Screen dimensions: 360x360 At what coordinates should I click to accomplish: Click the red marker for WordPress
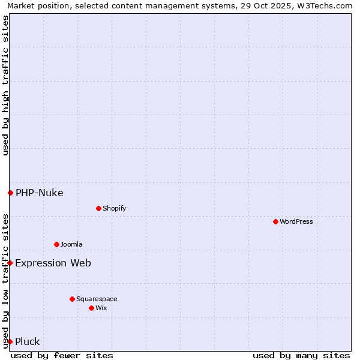click(275, 221)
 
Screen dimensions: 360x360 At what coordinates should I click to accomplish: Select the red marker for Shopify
click(98, 208)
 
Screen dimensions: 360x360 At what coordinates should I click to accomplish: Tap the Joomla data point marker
click(56, 244)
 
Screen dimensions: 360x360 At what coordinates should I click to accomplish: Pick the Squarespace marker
click(72, 299)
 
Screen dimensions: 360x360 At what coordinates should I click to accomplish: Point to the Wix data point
click(91, 308)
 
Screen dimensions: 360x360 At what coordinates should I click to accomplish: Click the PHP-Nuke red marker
click(10, 193)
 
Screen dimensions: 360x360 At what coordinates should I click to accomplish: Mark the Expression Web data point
click(10, 263)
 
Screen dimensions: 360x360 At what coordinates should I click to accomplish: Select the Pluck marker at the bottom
click(10, 341)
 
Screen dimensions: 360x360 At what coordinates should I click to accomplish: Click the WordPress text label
click(296, 221)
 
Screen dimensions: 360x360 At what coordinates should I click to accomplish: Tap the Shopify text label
click(115, 208)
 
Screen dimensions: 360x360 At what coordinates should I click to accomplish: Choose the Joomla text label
click(71, 244)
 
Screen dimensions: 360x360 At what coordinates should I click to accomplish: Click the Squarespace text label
click(97, 299)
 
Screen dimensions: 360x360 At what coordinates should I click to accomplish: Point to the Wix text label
click(101, 308)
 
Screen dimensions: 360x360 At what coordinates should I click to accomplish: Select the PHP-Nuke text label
click(40, 193)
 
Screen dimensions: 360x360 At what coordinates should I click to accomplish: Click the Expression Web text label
click(53, 263)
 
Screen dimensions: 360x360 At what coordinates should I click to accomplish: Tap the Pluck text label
click(28, 341)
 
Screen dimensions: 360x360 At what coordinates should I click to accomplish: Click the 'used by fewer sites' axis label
click(62, 355)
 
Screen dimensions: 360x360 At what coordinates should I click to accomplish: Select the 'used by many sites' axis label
click(301, 355)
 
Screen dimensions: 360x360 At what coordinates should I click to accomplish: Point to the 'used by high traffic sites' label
click(5, 85)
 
